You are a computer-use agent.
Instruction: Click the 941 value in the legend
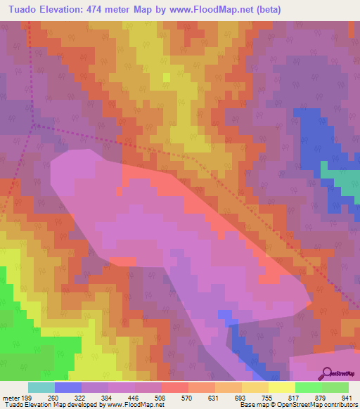(x=345, y=397)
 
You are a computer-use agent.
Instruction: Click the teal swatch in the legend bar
(x=41, y=387)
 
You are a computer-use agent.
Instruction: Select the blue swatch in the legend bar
(x=68, y=387)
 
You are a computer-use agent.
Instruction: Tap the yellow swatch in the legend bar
(x=281, y=387)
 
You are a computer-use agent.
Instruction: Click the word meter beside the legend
(x=11, y=397)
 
